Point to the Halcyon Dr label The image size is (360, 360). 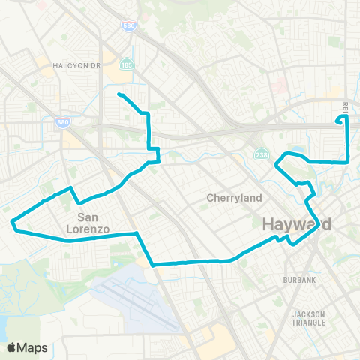76,65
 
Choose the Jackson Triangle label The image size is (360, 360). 309,318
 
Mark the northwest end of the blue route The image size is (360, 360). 119,94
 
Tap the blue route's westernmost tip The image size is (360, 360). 12,221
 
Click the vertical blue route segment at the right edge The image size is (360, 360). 347,142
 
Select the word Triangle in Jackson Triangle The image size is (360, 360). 309,322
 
